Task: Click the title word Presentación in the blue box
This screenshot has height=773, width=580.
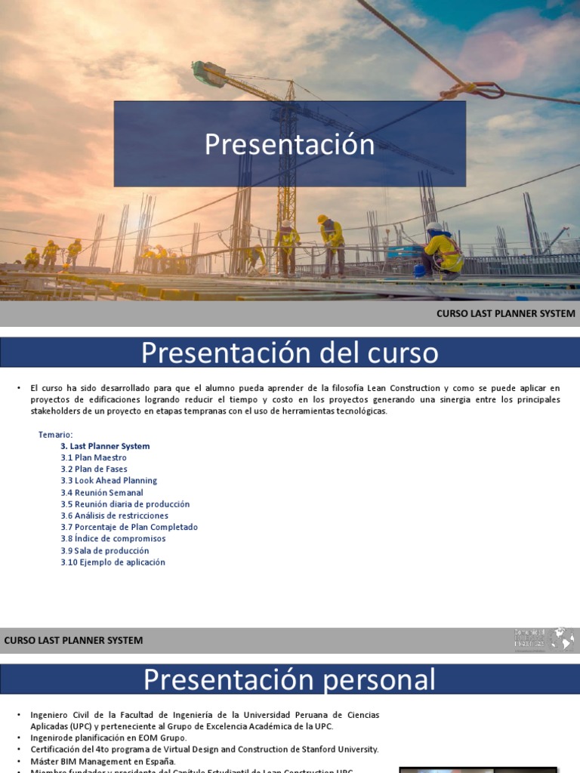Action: pos(289,144)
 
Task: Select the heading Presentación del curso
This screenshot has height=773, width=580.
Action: pos(289,353)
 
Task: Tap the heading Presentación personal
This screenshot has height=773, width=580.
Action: pos(289,679)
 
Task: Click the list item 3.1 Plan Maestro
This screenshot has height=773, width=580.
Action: pos(94,457)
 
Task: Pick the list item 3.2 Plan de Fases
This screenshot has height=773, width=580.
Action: pos(94,469)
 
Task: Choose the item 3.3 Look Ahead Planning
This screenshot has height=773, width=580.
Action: pos(109,481)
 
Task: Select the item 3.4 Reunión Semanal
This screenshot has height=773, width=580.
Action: pos(102,492)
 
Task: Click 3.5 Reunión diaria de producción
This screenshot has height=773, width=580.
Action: pos(125,504)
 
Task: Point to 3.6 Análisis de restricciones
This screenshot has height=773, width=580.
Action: pos(115,516)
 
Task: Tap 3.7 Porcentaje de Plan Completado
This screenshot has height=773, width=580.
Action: pos(129,527)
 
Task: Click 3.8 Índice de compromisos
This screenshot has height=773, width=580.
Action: pos(113,539)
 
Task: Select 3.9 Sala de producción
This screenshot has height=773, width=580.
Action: pos(105,550)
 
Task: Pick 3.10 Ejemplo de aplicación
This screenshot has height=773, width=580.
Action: pos(113,562)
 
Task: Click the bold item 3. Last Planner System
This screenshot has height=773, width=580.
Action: pos(105,446)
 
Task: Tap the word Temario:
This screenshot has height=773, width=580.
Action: pos(55,435)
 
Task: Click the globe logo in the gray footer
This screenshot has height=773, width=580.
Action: pos(561,640)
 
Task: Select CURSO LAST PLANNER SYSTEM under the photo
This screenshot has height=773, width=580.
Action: pos(506,313)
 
